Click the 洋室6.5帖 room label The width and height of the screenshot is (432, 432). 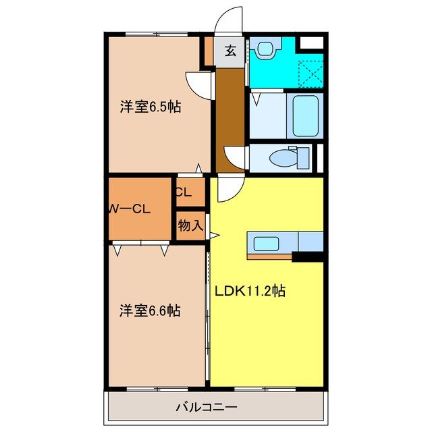point(151,107)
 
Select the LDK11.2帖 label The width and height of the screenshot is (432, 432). point(250,292)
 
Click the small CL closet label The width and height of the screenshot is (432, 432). point(184,192)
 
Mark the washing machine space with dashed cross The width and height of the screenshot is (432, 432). point(308,70)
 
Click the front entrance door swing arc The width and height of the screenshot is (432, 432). point(230,19)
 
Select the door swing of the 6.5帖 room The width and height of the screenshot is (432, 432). point(200,82)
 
